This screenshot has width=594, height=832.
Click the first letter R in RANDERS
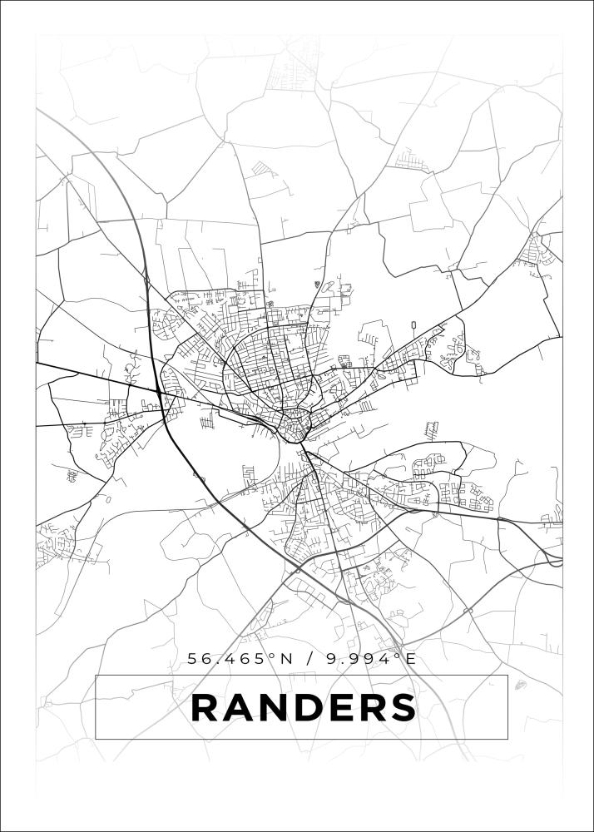(x=206, y=708)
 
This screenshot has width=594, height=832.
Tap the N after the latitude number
(x=286, y=659)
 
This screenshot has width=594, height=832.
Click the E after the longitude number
(x=409, y=659)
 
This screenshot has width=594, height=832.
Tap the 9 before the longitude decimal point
(x=333, y=659)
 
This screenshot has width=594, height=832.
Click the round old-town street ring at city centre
(x=294, y=428)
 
